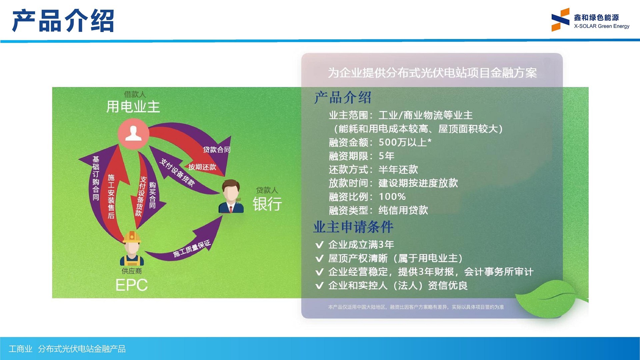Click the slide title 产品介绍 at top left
pyautogui.click(x=63, y=21)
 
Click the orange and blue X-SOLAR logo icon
pyautogui.click(x=560, y=20)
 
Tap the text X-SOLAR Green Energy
pyautogui.click(x=601, y=26)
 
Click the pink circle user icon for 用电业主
pyautogui.click(x=133, y=134)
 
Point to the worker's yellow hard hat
pyautogui.click(x=132, y=237)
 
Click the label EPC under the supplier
pyautogui.click(x=131, y=285)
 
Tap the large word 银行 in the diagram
pyautogui.click(x=267, y=204)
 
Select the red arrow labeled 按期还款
pyautogui.click(x=202, y=167)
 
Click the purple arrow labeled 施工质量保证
pyautogui.click(x=192, y=249)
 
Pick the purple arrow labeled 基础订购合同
pyautogui.click(x=96, y=178)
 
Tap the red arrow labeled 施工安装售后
pyautogui.click(x=111, y=197)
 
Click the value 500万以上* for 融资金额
pyautogui.click(x=405, y=142)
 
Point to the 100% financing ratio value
pyautogui.click(x=392, y=197)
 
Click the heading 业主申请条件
pyautogui.click(x=353, y=227)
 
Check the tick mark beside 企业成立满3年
pyautogui.click(x=319, y=245)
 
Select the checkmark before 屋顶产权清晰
pyautogui.click(x=319, y=258)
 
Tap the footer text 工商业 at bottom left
pyautogui.click(x=20, y=349)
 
